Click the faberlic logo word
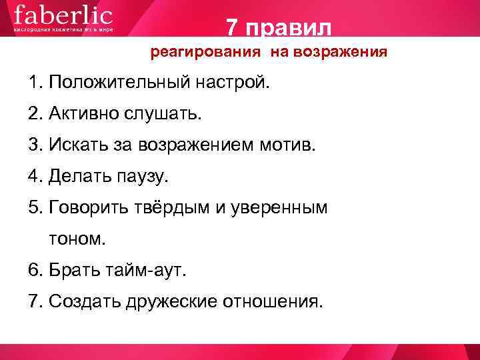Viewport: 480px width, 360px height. pyautogui.click(x=63, y=14)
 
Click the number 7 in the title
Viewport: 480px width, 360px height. pyautogui.click(x=232, y=27)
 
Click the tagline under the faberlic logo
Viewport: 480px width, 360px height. pyautogui.click(x=63, y=29)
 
